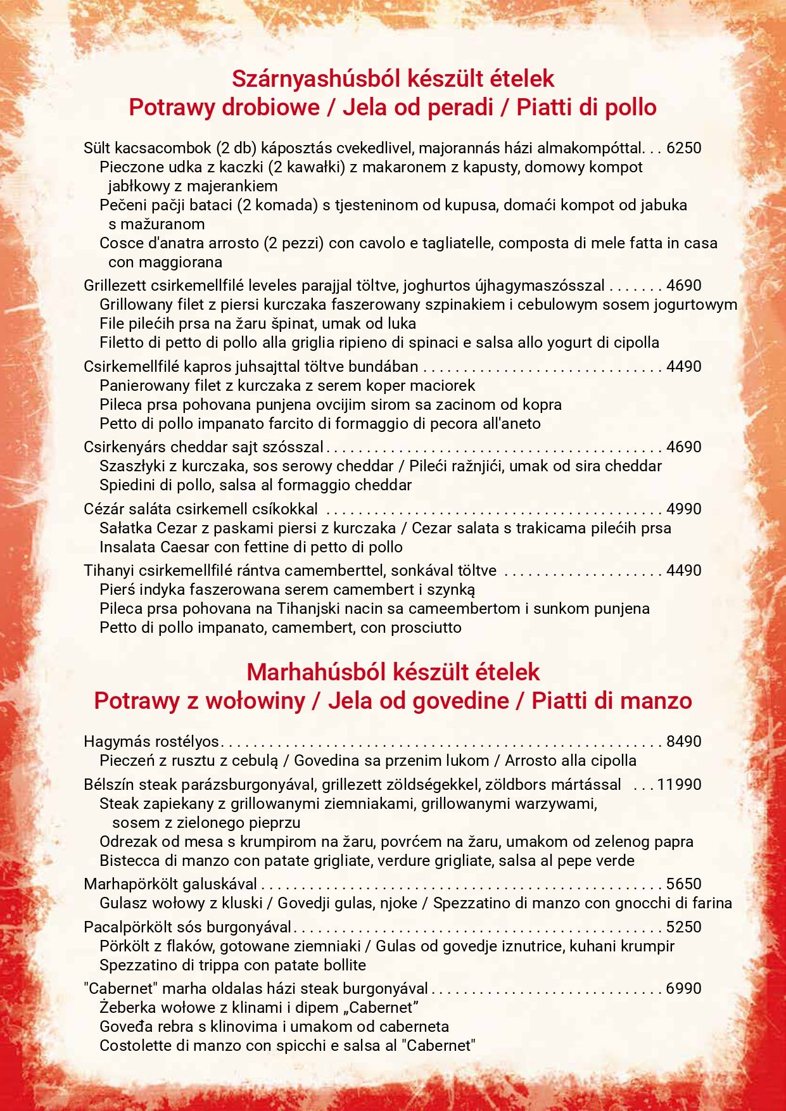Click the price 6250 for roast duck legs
tap(684, 148)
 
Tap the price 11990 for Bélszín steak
tap(679, 785)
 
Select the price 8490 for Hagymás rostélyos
tap(684, 742)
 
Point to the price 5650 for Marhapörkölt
tap(684, 884)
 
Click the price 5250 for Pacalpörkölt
tap(684, 927)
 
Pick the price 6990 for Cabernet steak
tap(684, 989)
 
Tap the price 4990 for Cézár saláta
tap(684, 509)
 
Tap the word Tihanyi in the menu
tap(109, 571)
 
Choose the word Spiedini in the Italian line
tap(127, 485)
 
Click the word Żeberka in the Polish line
tap(127, 1008)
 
